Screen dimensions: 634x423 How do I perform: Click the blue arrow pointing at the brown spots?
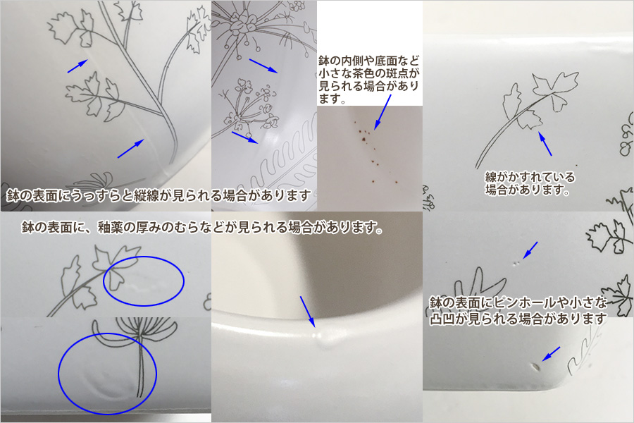(x=383, y=111)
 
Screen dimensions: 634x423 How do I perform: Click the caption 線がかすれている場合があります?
(x=530, y=183)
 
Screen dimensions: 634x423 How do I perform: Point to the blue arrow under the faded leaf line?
(x=545, y=144)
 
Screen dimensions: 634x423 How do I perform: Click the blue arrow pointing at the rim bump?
(x=307, y=311)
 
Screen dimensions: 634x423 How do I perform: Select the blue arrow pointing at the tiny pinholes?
(x=530, y=250)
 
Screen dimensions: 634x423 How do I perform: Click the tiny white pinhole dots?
(x=516, y=263)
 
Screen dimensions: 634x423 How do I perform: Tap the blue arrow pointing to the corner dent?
(x=551, y=353)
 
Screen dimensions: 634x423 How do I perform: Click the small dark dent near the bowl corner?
(x=536, y=367)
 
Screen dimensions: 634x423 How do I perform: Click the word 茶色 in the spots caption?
(x=365, y=73)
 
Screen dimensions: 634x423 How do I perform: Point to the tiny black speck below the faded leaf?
(x=576, y=165)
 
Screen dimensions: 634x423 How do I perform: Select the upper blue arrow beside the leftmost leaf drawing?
(x=77, y=66)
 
